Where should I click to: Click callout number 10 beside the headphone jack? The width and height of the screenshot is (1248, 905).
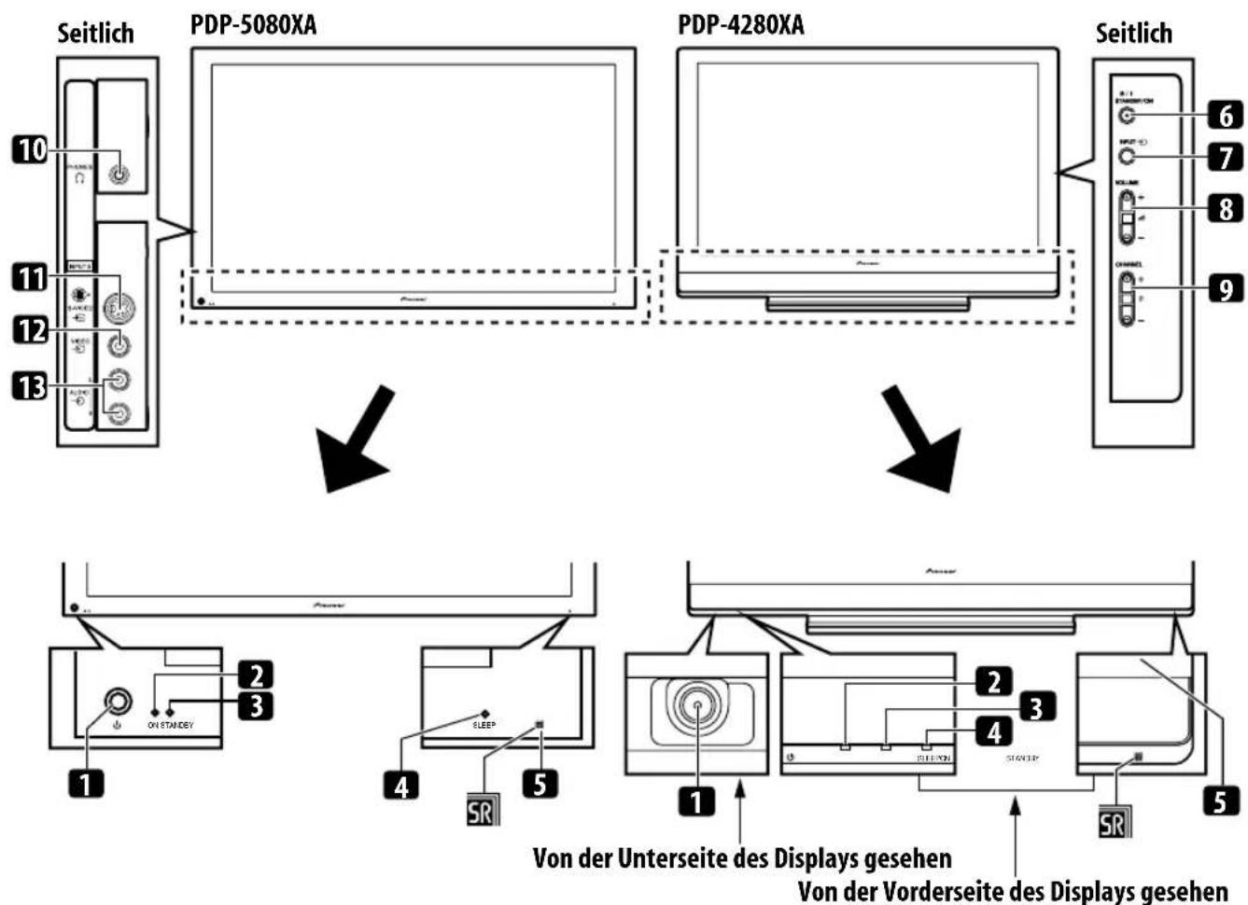point(30,149)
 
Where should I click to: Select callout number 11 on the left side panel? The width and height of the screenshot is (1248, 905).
point(30,277)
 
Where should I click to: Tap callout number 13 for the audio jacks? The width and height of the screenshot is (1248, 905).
point(30,385)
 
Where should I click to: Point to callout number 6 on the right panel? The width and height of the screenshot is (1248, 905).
point(1226,116)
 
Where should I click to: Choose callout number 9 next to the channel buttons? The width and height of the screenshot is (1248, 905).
point(1226,289)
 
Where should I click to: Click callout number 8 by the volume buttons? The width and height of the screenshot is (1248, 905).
point(1226,207)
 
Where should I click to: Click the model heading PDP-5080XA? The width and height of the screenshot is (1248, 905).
point(253,25)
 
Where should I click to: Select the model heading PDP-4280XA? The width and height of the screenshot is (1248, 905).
point(740,25)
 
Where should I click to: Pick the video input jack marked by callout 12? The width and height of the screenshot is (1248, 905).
point(119,345)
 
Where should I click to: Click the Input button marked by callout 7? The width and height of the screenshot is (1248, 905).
point(1128,156)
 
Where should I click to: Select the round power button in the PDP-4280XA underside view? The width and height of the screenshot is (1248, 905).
point(696,706)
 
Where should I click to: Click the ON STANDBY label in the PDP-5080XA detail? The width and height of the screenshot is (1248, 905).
point(170,725)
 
